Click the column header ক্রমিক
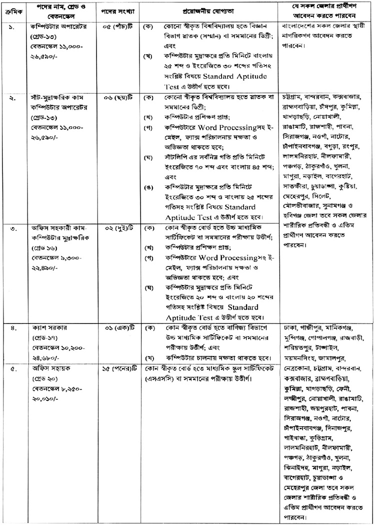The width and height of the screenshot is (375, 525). (11, 11)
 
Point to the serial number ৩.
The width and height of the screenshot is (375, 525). (11, 228)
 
